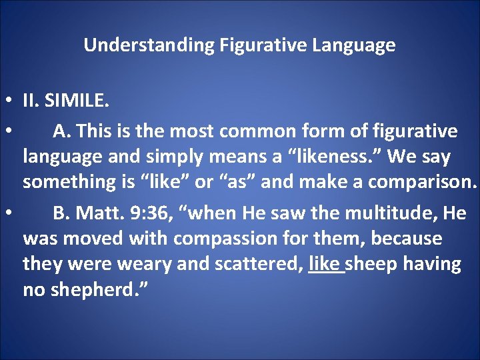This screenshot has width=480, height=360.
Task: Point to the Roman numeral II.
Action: [30, 102]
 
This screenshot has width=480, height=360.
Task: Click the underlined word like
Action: [325, 264]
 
